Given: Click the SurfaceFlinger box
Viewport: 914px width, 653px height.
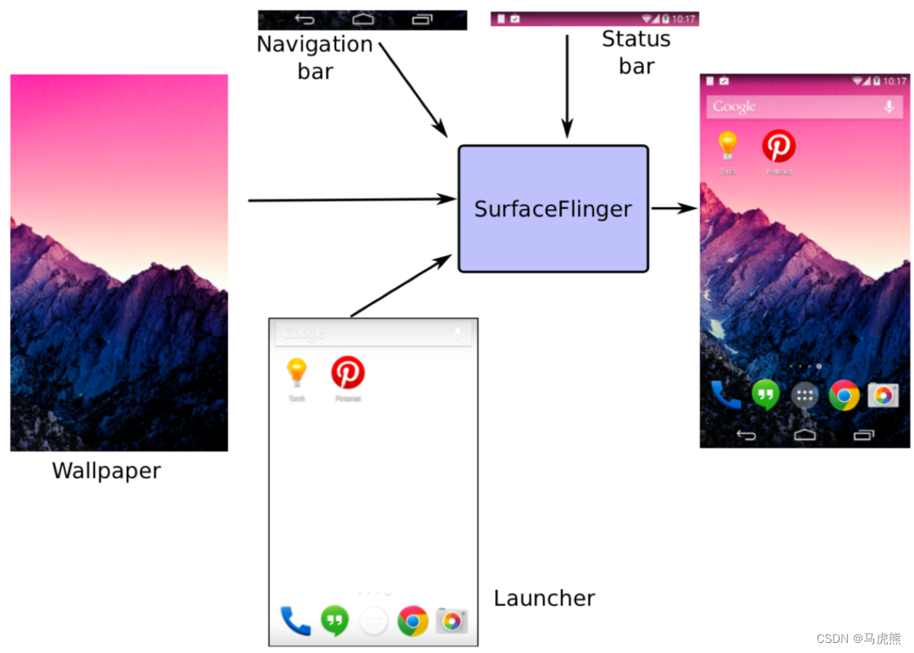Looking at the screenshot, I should coord(553,209).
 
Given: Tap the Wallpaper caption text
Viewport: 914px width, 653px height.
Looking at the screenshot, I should coord(107,471).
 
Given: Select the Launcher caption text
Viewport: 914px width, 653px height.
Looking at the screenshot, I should coord(544,599).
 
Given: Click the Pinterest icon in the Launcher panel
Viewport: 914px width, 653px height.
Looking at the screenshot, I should coord(348,372).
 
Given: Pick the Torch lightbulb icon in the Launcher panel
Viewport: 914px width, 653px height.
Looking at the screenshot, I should coord(296,372).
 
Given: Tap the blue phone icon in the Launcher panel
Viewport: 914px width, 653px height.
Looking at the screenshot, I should coord(295,622).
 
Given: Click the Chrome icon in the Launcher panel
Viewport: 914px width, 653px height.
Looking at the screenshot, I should coord(413,622).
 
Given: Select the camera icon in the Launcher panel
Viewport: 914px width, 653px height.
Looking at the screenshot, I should coord(452,622).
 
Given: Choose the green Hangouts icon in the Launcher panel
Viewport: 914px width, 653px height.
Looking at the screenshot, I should coord(335,622).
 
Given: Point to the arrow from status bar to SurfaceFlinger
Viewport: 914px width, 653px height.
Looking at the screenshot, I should coord(567,85).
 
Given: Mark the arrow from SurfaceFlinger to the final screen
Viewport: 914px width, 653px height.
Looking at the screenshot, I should coord(674,208).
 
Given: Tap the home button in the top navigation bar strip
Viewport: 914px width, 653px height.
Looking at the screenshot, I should coord(363,19).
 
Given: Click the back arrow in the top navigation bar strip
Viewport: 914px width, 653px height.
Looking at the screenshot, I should coord(305,19).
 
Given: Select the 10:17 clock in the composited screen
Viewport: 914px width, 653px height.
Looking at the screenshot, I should coord(895,81).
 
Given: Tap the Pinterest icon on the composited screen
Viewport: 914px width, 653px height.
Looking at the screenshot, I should coord(779,146).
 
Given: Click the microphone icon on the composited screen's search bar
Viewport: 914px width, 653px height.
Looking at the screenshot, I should coord(889,107).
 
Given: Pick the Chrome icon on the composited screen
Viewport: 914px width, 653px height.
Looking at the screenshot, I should coord(844,395).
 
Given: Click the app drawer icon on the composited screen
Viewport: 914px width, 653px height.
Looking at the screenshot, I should coord(805,395).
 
